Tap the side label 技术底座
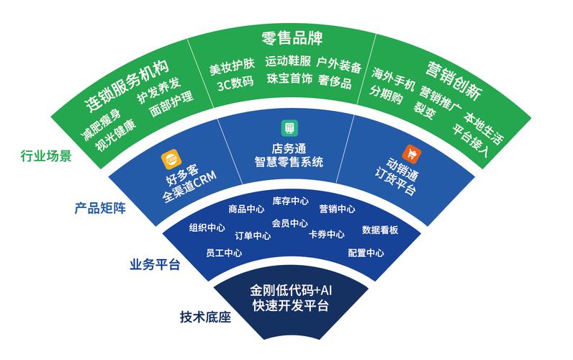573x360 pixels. (205, 317)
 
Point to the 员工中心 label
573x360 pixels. (223, 253)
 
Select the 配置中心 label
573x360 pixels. (366, 253)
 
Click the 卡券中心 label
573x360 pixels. (326, 235)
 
